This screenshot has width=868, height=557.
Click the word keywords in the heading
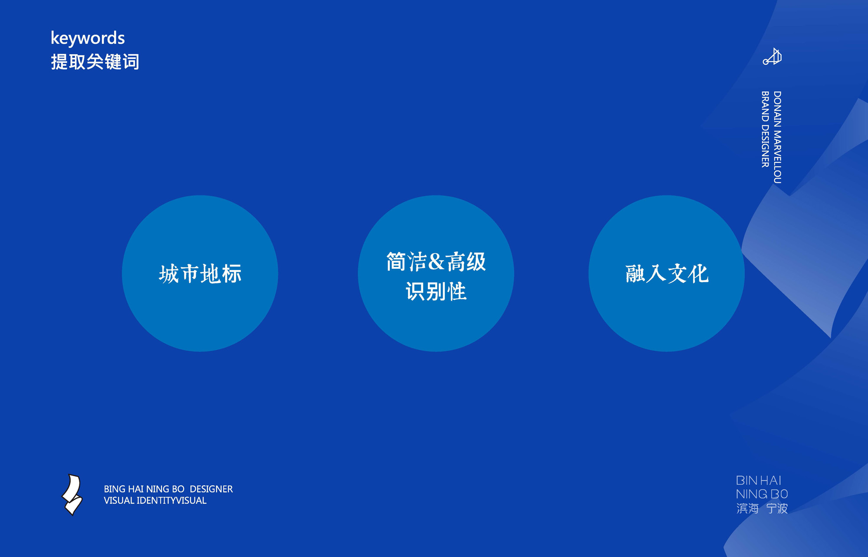[88, 38]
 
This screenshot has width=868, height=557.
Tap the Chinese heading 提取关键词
[95, 62]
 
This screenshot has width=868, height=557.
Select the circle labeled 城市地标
[200, 274]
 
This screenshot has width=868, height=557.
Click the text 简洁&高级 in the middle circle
[436, 262]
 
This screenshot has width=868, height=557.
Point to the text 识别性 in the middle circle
[436, 291]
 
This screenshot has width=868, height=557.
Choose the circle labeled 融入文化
[667, 274]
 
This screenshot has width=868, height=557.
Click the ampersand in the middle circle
[437, 262]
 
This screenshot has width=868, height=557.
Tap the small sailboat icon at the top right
[772, 56]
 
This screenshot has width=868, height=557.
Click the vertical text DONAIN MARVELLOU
[777, 137]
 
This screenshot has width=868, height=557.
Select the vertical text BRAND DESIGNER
[765, 129]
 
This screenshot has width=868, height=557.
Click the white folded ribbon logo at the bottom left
[72, 494]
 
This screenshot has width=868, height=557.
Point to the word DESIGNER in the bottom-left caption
[211, 489]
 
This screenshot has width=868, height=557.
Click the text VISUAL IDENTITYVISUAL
[155, 501]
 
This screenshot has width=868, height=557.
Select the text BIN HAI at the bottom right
[759, 481]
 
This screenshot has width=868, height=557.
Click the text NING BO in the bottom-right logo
[762, 494]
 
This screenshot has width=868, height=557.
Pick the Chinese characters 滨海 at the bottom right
[747, 508]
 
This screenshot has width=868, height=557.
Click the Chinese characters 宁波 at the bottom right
[777, 508]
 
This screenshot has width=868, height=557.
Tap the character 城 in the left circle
[169, 274]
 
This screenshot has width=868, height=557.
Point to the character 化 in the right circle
[698, 274]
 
